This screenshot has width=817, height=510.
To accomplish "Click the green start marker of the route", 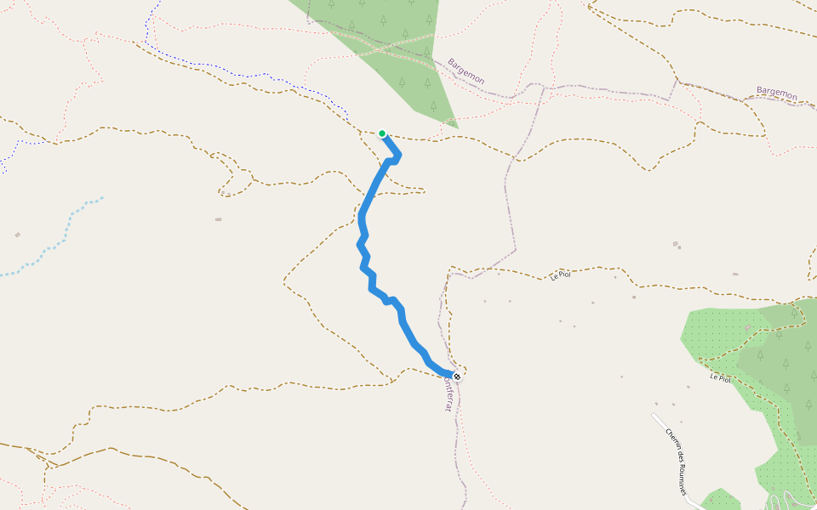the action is pyautogui.click(x=382, y=133).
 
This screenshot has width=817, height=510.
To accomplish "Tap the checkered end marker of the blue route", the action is pyautogui.click(x=457, y=377).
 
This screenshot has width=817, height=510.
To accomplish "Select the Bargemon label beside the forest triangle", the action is pyautogui.click(x=466, y=71).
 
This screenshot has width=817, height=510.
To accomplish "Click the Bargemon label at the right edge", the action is pyautogui.click(x=776, y=93).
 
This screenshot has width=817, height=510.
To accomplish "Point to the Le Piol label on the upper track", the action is pyautogui.click(x=560, y=275).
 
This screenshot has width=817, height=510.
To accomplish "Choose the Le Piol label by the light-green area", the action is pyautogui.click(x=720, y=377).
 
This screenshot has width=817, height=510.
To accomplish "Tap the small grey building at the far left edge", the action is pyautogui.click(x=17, y=235).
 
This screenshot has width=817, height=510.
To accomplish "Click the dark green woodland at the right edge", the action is pyautogui.click(x=791, y=357).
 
